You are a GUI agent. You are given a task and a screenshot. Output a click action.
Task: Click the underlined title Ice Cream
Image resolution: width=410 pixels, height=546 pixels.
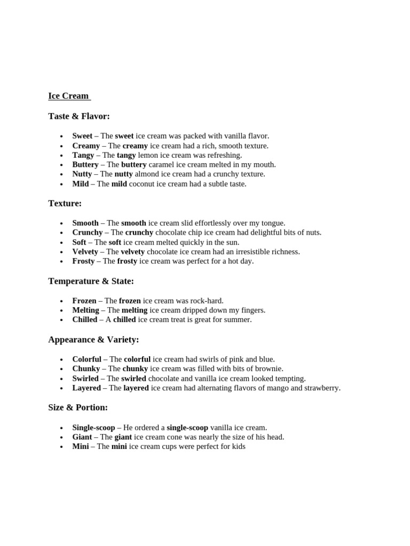coord(68,96)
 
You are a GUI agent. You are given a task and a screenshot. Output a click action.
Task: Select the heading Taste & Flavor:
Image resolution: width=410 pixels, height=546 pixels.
coord(79,116)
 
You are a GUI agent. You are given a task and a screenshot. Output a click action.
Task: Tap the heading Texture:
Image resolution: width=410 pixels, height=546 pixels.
coord(65,203)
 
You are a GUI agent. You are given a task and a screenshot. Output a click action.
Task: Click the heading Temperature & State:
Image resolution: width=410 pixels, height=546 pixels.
coord(91,281)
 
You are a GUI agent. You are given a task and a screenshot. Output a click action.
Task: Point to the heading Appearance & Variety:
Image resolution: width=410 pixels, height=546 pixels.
coord(93,339)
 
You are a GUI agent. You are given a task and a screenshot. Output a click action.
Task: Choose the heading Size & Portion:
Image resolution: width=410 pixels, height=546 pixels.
coord(78,407)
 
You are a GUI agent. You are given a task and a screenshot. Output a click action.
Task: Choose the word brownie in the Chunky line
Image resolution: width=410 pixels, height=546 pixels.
coord(270,368)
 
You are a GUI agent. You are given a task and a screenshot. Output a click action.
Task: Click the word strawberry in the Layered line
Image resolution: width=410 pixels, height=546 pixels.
coord(320,388)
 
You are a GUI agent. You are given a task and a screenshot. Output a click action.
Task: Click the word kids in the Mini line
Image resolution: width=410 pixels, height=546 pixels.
coord(238,447)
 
